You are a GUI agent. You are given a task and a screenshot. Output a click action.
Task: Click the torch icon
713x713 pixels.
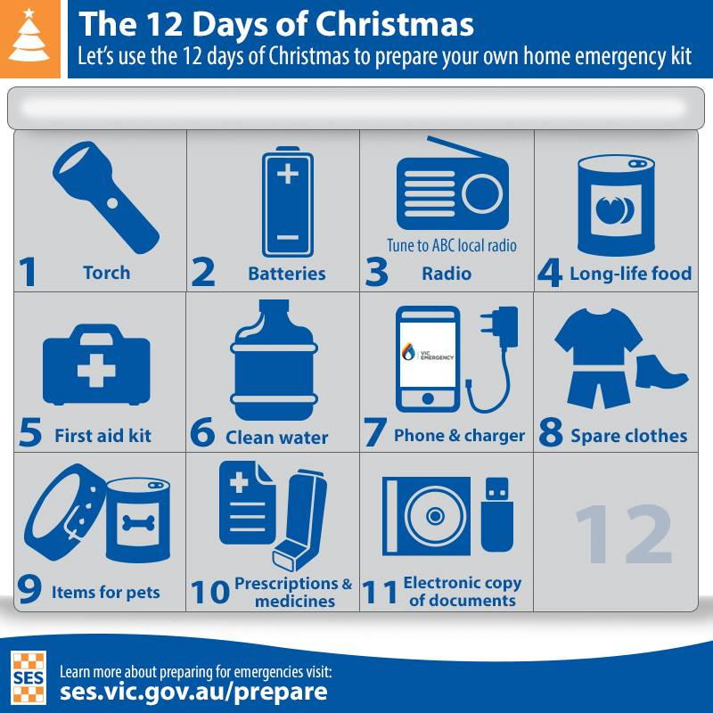[x=105, y=197]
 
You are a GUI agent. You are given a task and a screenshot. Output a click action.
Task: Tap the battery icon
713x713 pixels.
[x=288, y=202]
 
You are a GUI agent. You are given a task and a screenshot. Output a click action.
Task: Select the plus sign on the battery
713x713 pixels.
[x=288, y=174]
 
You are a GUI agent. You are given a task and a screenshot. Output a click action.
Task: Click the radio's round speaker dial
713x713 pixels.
[x=482, y=194]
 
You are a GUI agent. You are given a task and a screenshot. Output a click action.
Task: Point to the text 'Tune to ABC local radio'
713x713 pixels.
[x=452, y=246]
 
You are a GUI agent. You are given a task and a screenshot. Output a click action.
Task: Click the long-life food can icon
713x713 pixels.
[x=616, y=206]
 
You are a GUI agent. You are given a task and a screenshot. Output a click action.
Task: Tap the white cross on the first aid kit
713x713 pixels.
[x=96, y=371]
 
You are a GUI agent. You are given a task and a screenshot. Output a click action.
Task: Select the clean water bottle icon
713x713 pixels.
[x=275, y=360]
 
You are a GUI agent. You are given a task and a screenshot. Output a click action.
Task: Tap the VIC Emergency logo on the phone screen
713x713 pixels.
[x=427, y=352]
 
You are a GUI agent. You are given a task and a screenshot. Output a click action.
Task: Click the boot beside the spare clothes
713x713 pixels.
[x=660, y=372]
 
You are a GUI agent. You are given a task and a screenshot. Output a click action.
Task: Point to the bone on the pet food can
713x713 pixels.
[x=138, y=523]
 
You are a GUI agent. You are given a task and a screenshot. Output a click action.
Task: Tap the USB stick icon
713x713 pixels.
[x=497, y=514]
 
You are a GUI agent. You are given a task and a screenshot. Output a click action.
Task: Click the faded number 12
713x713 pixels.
[x=623, y=534]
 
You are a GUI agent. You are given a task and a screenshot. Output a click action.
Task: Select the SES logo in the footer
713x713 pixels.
[x=29, y=677]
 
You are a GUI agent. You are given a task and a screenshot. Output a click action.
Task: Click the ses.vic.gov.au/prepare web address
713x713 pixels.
[x=193, y=692]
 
